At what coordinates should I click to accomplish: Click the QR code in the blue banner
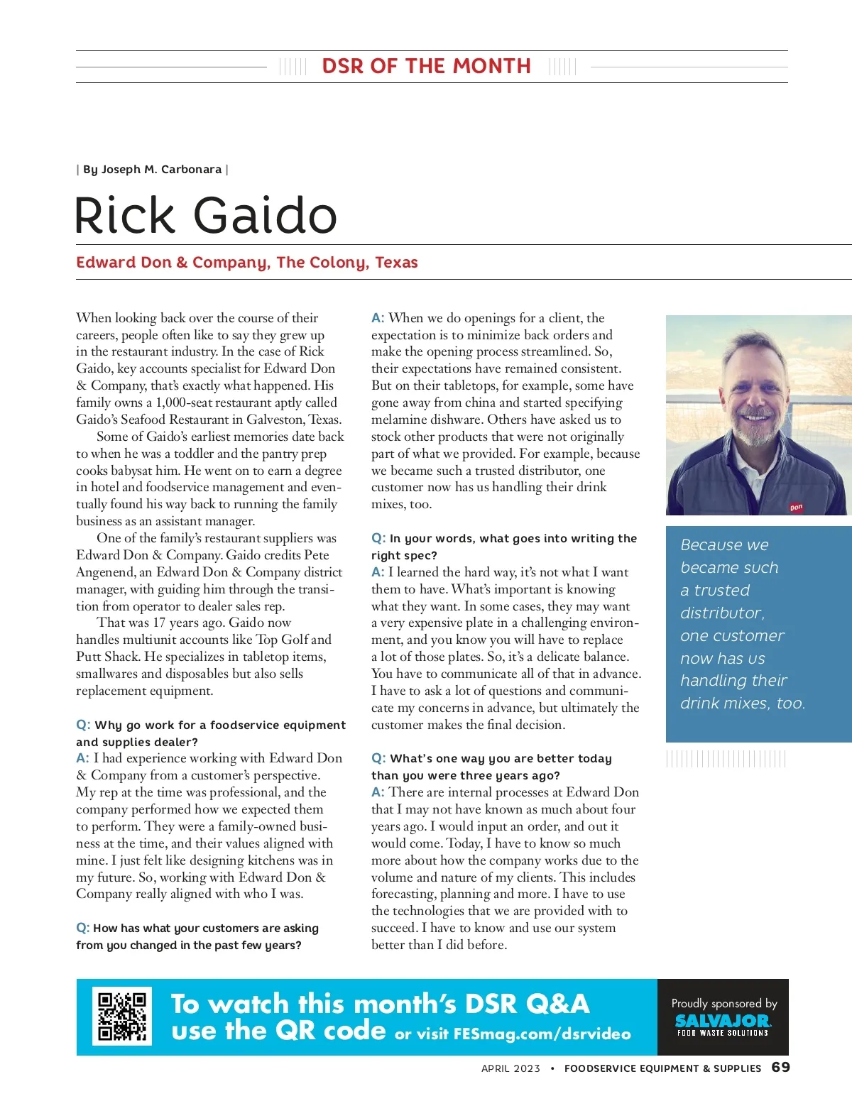tap(122, 1016)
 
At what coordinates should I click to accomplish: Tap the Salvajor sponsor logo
tap(723, 1023)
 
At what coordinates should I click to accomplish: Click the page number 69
tap(780, 1068)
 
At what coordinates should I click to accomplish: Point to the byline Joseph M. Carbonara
tap(152, 170)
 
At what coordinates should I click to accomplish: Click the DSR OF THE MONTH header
tap(426, 67)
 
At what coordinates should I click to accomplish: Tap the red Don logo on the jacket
tap(796, 507)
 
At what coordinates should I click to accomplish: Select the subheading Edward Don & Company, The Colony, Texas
tap(246, 263)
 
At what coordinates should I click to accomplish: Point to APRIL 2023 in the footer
tap(510, 1068)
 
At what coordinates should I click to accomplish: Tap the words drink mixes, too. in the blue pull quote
tap(742, 703)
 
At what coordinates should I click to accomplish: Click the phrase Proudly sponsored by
tap(724, 1003)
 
